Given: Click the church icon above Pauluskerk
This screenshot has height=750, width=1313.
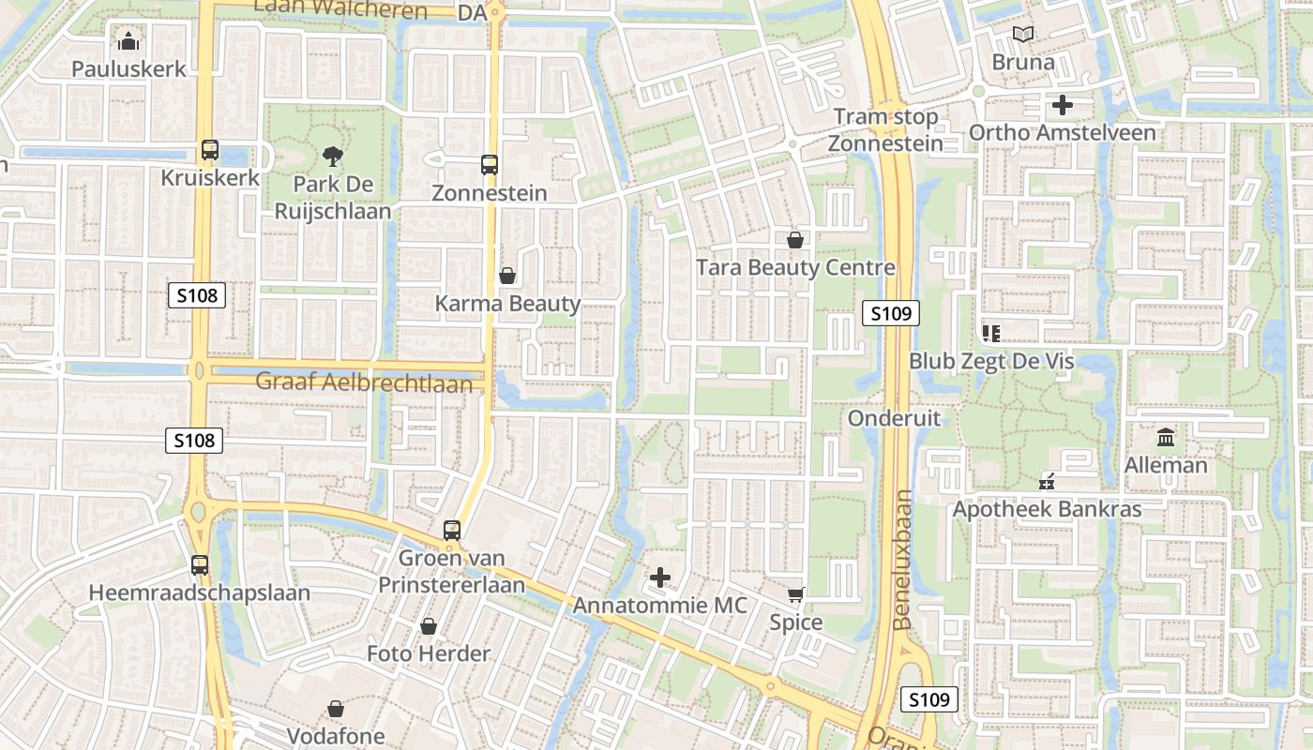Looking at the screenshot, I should click(x=128, y=41).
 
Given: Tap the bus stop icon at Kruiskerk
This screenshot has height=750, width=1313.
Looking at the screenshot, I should click(x=209, y=150).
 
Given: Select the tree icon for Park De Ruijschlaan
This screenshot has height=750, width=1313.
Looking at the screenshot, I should click(x=332, y=156).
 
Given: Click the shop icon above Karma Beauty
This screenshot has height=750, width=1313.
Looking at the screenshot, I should click(x=507, y=276).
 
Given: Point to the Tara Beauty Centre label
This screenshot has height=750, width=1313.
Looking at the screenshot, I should click(x=795, y=268).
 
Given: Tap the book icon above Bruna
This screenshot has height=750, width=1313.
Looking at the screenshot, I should click(x=1023, y=35).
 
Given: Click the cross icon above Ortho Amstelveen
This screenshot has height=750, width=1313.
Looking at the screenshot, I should click(x=1062, y=105).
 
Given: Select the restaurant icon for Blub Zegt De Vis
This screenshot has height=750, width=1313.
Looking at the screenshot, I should click(x=990, y=333).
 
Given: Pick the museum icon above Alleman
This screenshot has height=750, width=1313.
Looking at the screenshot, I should click(x=1166, y=437).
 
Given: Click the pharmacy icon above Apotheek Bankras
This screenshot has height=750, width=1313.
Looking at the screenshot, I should click(x=1047, y=482).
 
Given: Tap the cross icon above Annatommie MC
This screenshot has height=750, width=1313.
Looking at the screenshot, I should click(x=660, y=577).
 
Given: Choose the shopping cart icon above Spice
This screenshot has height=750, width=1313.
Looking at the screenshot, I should click(x=796, y=594).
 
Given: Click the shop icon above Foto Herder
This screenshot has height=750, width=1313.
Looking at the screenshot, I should click(x=429, y=625).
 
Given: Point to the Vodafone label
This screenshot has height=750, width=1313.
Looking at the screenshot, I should click(x=336, y=736).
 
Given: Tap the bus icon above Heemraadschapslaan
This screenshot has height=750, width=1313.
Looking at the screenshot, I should click(x=199, y=565).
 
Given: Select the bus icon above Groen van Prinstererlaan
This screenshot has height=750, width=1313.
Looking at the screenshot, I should click(x=452, y=530).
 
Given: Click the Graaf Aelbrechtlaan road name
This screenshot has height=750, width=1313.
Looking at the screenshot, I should click(x=364, y=382).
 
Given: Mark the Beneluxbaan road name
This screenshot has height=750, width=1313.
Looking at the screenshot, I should click(x=902, y=559).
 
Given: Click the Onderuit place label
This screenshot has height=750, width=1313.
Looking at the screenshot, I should click(x=894, y=418).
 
